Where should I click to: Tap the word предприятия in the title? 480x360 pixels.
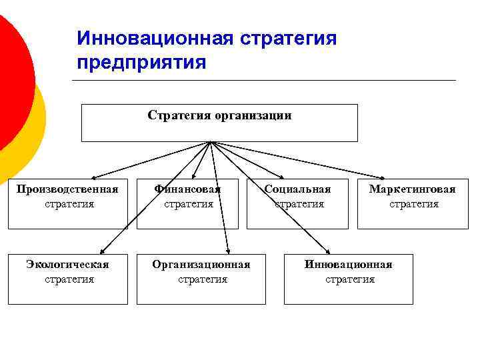[141, 62]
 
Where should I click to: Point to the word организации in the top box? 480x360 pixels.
[253, 115]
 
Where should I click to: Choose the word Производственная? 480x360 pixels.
[67, 189]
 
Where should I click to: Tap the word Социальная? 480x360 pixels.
[297, 189]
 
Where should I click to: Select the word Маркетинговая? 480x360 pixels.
[413, 189]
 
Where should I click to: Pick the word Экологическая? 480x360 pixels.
[67, 265]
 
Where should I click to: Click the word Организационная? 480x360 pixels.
[201, 265]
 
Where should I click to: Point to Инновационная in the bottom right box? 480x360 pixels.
[348, 265]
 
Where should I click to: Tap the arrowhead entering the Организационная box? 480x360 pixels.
[228, 252]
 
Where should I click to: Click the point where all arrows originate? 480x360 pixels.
[211, 142]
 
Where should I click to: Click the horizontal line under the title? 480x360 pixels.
[263, 81]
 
